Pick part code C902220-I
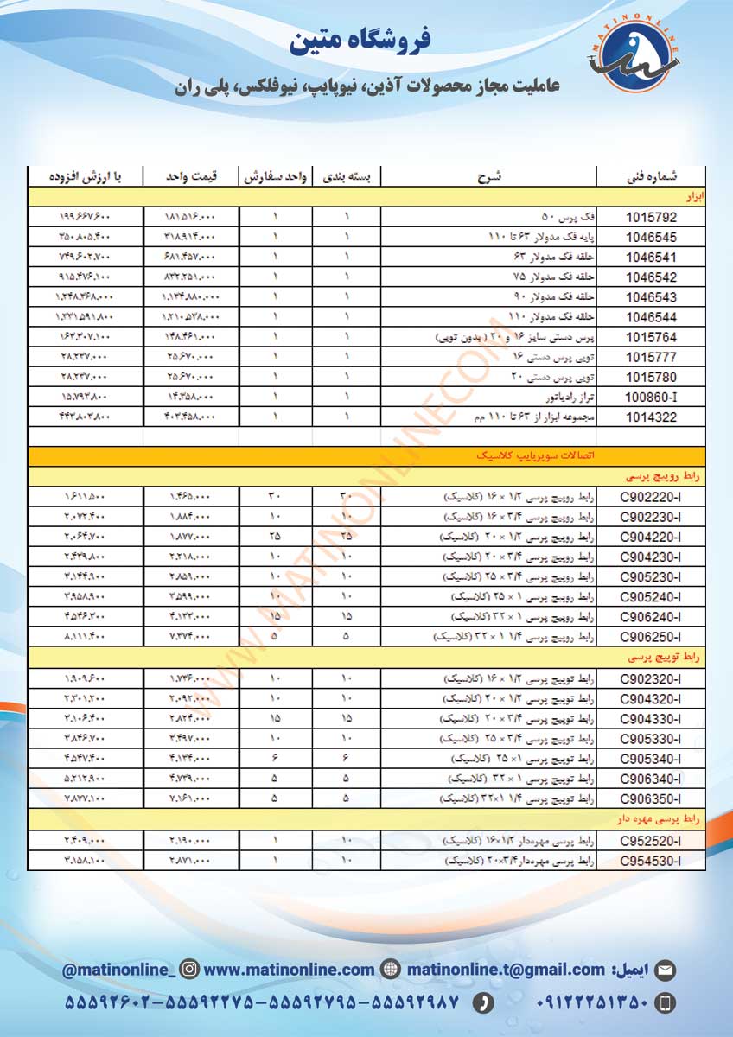tap(651, 498)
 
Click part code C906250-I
tap(651, 638)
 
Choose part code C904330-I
tap(651, 719)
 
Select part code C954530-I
tap(651, 862)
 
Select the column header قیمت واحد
tap(192, 177)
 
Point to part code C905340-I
tap(651, 759)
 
